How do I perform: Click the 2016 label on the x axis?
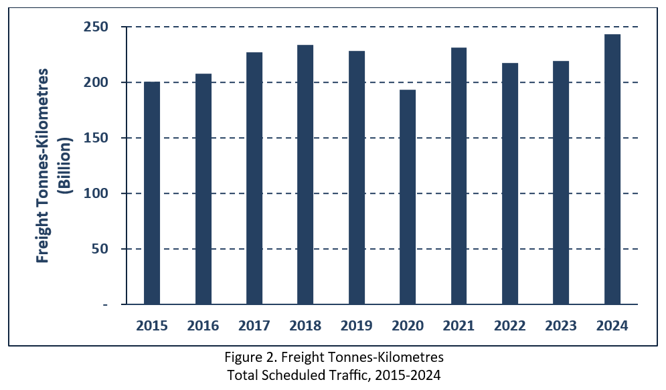coord(203,326)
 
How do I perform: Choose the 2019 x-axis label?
coord(357,326)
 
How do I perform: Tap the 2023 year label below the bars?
coord(561,326)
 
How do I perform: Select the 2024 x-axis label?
coord(612,326)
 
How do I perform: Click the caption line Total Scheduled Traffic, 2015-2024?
coord(333,375)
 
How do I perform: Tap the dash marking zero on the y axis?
coord(105,305)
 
